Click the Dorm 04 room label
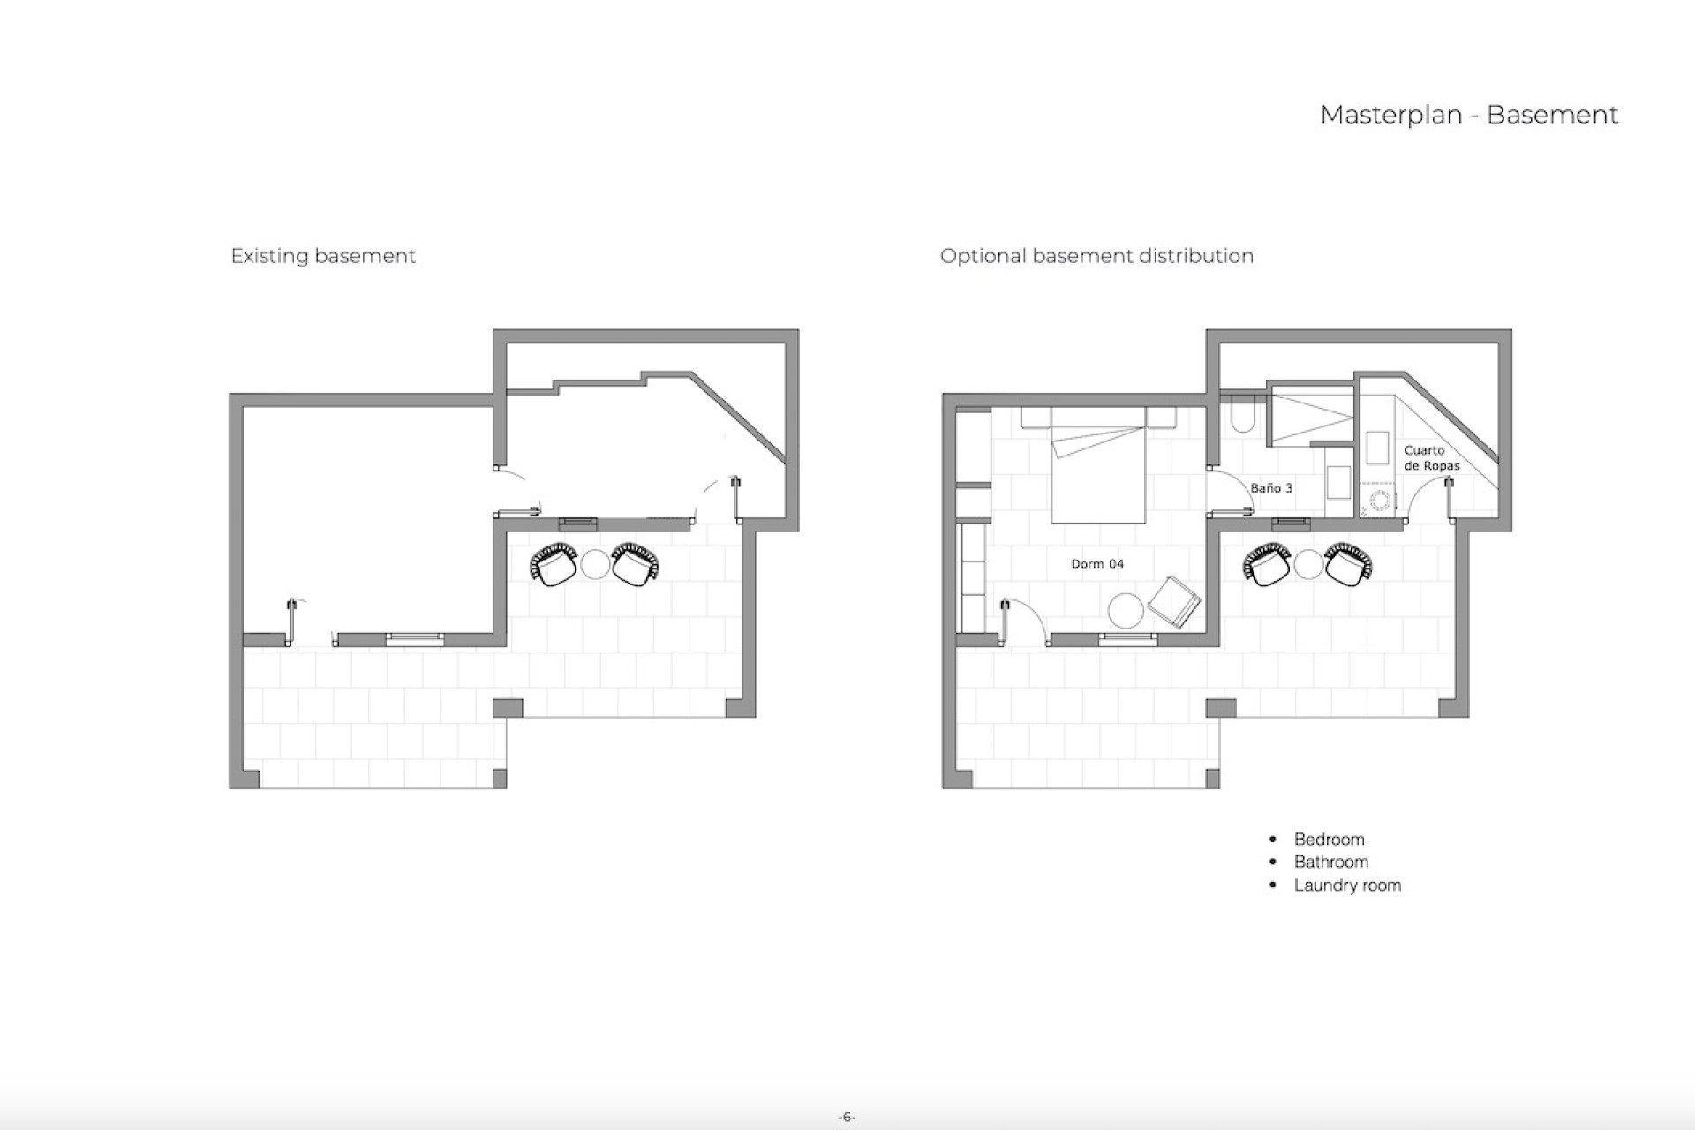coord(1097,564)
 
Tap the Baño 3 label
coord(1271,488)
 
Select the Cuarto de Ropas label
coord(1431,458)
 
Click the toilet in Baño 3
coord(1242,418)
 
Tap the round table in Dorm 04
coord(1126,610)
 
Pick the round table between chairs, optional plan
coord(1308,564)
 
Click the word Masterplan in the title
coord(1390,116)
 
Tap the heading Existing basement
coord(322,256)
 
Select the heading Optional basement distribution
coord(1096,256)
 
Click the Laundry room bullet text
coord(1347,885)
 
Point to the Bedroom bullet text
coord(1329,840)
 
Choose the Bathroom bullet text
coord(1330,863)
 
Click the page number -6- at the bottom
coord(847,1117)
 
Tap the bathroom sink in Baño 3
coord(1338,484)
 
